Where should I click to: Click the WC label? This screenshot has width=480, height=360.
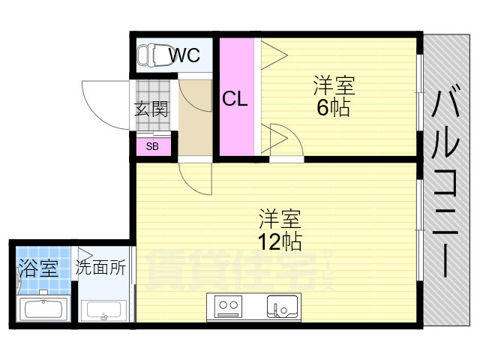pos(185,55)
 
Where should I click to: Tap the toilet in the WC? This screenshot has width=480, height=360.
pos(153,55)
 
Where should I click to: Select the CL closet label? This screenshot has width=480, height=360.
pos(235,99)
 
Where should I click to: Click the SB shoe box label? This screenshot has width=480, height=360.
pos(152,147)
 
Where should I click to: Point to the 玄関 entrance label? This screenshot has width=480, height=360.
pos(151,109)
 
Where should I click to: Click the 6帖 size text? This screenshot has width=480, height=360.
pos(333,107)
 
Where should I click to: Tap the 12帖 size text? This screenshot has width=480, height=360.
pos(280,241)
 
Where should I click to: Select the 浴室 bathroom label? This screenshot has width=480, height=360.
pos(38,268)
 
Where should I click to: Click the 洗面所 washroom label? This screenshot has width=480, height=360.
pos(100,267)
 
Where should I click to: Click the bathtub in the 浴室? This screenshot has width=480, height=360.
pos(43,308)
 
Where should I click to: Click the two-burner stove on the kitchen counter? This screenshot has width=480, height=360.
pos(228,306)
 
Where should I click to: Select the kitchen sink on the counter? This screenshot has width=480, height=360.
pos(282,307)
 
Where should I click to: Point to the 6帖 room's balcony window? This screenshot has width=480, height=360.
pos(420,93)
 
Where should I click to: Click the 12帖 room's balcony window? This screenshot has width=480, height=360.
pos(420,229)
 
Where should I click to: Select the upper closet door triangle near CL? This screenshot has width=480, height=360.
pos(274,55)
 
